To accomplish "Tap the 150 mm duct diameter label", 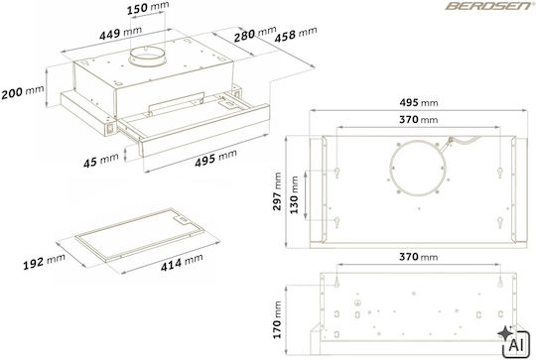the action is coord(148,8).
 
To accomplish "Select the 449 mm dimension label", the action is coord(120,33).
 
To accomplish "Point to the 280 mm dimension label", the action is coord(255,34).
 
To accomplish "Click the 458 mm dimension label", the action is coord(296,35).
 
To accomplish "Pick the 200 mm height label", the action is coord(23,92).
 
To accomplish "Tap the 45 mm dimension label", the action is coord(101,161).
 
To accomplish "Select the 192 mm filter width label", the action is coord(44,262).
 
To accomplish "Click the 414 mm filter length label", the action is coord(182,263).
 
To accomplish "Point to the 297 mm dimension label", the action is coord(277,191).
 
